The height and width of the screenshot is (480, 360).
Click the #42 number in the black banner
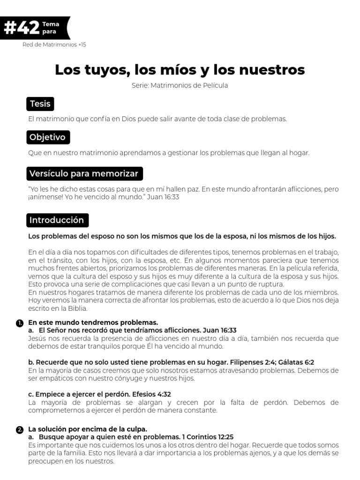21,28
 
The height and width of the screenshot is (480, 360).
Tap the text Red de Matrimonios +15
54,45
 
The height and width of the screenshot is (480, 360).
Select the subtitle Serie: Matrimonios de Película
180,86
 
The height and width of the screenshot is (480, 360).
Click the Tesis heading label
40,104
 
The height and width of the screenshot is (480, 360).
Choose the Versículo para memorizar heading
84,173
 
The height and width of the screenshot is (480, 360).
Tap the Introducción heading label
57,220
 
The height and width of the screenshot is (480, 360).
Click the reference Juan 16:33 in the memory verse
163,197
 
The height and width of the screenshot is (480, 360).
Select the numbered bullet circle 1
19,323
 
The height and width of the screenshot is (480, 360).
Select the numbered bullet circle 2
19,429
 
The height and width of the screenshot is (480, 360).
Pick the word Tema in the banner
51,24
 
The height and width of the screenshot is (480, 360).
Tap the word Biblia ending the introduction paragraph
77,309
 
